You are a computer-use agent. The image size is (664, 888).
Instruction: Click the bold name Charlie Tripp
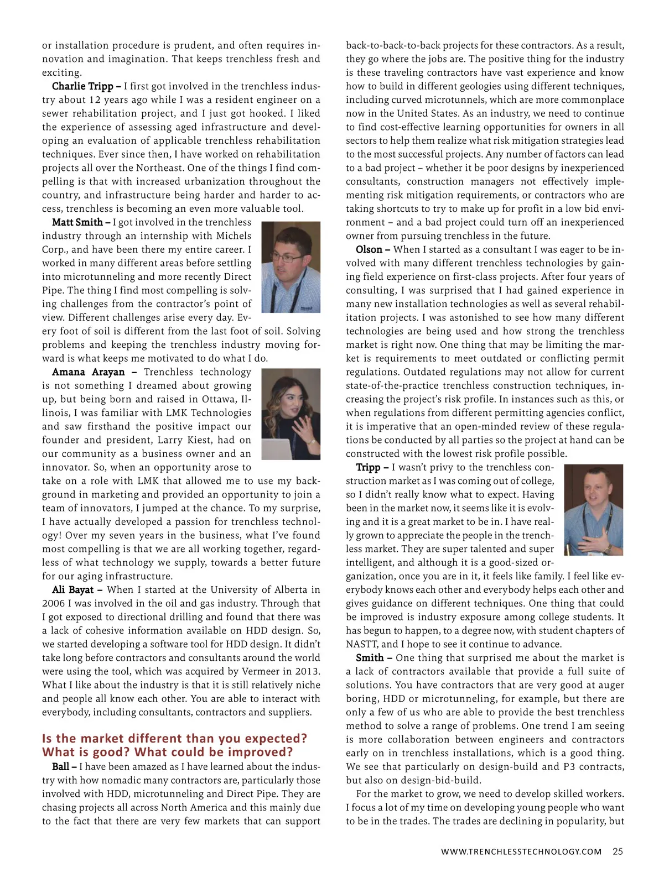(82, 86)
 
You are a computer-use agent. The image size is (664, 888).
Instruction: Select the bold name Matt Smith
(77, 222)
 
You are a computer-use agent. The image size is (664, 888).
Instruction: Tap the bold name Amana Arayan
(88, 372)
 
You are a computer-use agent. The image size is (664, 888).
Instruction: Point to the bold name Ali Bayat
(72, 590)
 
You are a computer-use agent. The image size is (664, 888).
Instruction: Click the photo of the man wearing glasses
(290, 267)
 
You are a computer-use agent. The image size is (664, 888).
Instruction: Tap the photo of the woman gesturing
(290, 414)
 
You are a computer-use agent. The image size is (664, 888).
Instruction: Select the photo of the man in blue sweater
(593, 509)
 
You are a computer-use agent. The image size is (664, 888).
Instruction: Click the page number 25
(618, 852)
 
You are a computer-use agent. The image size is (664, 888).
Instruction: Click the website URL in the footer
(521, 852)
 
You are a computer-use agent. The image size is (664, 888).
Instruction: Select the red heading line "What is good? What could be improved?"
(167, 753)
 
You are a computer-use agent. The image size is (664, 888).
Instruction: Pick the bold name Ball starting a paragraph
(60, 767)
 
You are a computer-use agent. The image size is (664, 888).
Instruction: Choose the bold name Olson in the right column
(369, 250)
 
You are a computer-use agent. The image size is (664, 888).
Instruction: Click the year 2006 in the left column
(54, 604)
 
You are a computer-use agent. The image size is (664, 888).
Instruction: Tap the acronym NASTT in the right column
(361, 644)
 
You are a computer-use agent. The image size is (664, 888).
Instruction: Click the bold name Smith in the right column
(370, 658)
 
